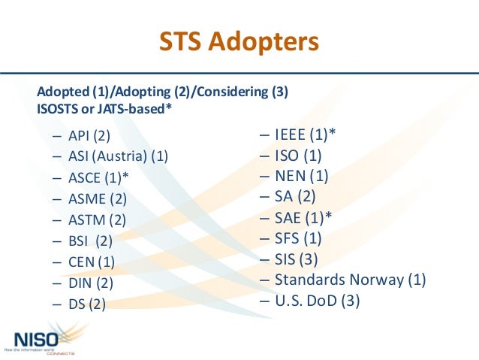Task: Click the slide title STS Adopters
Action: pos(239,41)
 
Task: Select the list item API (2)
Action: pos(89,136)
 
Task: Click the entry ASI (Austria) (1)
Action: pos(118,157)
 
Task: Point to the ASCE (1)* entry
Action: pos(98,178)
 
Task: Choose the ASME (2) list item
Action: pos(98,199)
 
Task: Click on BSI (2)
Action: pos(90,241)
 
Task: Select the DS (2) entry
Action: pos(87,304)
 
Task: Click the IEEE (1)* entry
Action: pos(305,135)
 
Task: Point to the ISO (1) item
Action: pos(298,156)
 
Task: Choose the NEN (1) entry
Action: pos(301,177)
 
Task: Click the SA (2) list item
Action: pos(295,197)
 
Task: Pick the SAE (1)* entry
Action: pos(303,218)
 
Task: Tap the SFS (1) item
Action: pos(298,238)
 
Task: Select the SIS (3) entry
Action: pos(297,259)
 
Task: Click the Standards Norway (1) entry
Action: pos(350,280)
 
